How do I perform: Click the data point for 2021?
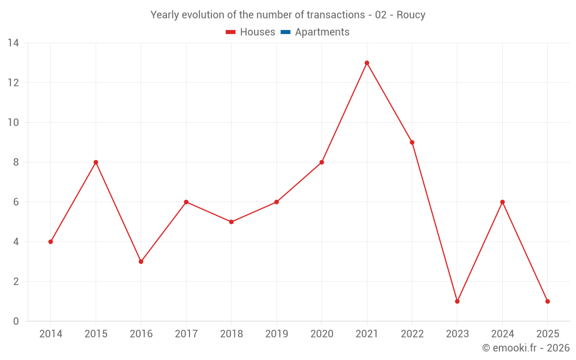pyautogui.click(x=367, y=63)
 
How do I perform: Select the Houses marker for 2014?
pyautogui.click(x=51, y=242)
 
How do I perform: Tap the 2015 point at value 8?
pyautogui.click(x=96, y=162)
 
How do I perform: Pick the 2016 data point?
pyautogui.click(x=141, y=262)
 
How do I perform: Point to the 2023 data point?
pyautogui.click(x=457, y=301)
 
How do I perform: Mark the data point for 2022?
pyautogui.click(x=412, y=142)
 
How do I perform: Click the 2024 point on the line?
pyautogui.click(x=502, y=202)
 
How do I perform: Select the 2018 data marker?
pyautogui.click(x=232, y=222)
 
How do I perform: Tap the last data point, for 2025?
pyautogui.click(x=547, y=301)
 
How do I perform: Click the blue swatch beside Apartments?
pyautogui.click(x=285, y=32)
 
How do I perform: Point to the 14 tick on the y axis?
pyautogui.click(x=13, y=43)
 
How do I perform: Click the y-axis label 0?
pyautogui.click(x=16, y=321)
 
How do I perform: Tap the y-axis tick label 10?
pyautogui.click(x=13, y=123)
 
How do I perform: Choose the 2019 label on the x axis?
pyautogui.click(x=276, y=334)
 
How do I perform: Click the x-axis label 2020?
pyautogui.click(x=321, y=334)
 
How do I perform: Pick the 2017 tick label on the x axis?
pyautogui.click(x=186, y=334)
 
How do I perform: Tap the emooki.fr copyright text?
pyautogui.click(x=526, y=348)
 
